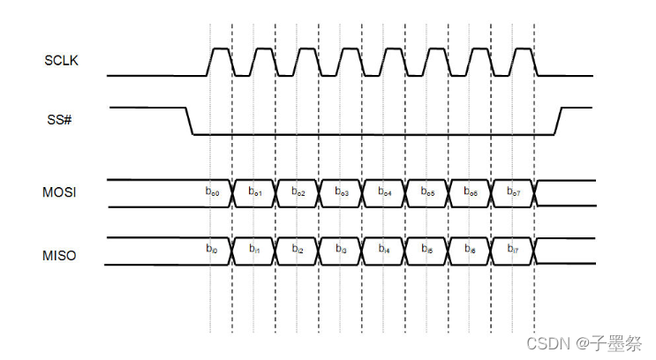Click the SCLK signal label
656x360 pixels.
coord(61,61)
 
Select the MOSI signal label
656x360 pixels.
coord(60,192)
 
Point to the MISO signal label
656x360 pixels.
coord(60,256)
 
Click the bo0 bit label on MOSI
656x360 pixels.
coord(212,191)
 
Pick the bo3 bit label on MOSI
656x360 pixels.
coord(342,191)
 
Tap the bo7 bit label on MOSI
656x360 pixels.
coord(514,191)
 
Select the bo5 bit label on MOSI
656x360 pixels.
coord(428,191)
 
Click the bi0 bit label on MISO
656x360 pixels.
coord(212,251)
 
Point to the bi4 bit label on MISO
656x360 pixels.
coord(385,251)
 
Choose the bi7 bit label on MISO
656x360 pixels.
coord(514,251)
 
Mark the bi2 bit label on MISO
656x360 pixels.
coord(298,251)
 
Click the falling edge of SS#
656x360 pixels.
coord(189,121)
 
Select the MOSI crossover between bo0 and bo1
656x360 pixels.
coord(233,192)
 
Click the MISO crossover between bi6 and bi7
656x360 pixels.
coord(492,251)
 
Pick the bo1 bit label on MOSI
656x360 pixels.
coord(255,191)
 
